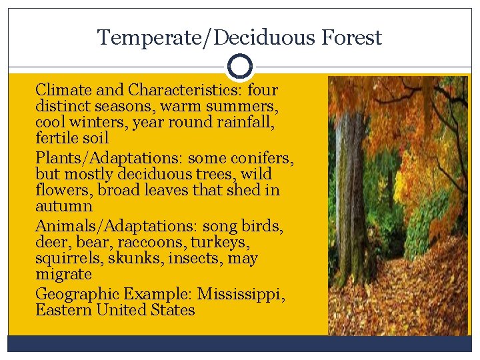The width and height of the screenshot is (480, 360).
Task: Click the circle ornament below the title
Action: (239, 67)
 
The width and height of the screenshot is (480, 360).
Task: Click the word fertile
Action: (58, 139)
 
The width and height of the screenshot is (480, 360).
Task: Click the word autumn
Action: (63, 207)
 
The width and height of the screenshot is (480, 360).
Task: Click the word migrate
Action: (63, 275)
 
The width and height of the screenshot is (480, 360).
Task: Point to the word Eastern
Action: (63, 310)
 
